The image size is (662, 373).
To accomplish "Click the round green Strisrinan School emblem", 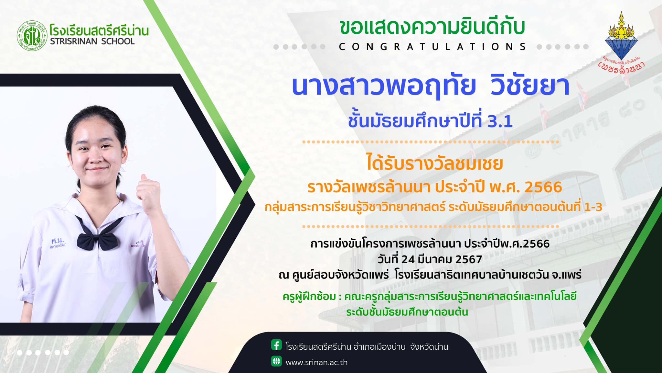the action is click(31, 35).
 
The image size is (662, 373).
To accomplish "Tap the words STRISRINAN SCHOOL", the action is click(92, 41).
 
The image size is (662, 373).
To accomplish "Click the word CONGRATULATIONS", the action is click(432, 47).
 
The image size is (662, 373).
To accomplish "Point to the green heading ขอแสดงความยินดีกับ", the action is click(432, 27).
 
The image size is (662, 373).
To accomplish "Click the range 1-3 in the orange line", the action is click(593, 207).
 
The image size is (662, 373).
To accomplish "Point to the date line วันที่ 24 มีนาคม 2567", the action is click(430, 259).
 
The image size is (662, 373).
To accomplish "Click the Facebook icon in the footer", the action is click(276, 345).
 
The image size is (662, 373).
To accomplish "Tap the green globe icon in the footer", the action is click(276, 361).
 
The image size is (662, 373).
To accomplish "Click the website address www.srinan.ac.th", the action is click(316, 363).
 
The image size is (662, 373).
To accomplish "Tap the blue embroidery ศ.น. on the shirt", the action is click(58, 241).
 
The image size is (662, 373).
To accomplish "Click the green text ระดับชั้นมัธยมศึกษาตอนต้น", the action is click(407, 312).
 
